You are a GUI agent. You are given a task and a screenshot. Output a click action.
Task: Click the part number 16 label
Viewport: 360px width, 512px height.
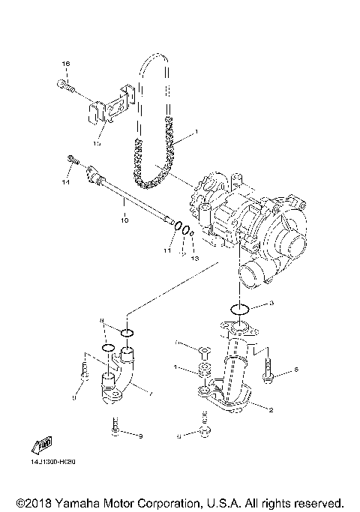65,65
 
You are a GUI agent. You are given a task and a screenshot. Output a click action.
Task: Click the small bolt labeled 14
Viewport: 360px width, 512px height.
73,160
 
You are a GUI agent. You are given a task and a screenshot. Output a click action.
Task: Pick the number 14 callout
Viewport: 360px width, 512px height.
65,182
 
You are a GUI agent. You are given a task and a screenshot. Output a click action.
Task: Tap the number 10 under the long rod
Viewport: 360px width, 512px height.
124,220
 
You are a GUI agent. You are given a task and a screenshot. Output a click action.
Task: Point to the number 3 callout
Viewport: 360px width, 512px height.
272,303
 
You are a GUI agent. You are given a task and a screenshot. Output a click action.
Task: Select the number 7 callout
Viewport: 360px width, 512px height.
152,392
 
